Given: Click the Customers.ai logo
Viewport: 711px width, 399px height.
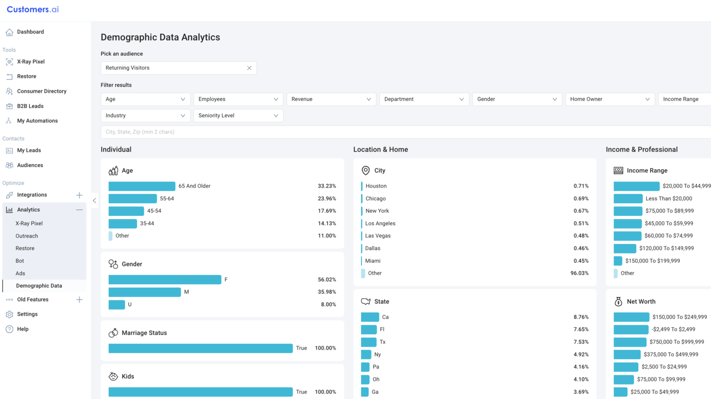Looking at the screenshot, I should click(32, 9).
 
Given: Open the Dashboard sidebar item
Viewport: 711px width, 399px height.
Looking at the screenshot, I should click(30, 32).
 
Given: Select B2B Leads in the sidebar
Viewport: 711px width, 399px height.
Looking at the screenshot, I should click(30, 106).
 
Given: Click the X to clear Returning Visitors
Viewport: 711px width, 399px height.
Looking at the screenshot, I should click(249, 68).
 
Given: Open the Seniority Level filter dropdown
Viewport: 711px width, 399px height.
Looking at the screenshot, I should click(238, 116).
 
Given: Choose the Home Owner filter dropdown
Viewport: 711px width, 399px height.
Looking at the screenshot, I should click(610, 99).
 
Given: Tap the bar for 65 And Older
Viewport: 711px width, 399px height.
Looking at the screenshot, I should click(142, 186).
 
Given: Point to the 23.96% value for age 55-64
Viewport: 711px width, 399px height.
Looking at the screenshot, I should click(327, 199).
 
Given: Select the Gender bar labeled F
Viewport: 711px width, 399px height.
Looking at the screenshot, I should click(165, 280).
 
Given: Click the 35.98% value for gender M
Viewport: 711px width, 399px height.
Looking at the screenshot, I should click(327, 292).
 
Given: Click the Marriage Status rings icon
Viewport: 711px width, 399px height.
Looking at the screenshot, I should click(113, 333).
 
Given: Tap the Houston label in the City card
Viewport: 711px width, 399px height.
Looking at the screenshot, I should click(376, 186).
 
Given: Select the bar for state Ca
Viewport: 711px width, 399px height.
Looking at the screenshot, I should click(370, 317).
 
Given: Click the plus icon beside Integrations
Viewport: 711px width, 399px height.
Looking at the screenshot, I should click(79, 195).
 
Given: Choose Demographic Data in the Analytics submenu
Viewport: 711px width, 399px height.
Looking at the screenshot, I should click(39, 286).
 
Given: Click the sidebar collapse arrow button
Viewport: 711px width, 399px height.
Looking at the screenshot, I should click(94, 200).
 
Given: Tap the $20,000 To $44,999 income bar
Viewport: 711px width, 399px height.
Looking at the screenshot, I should click(637, 186).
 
